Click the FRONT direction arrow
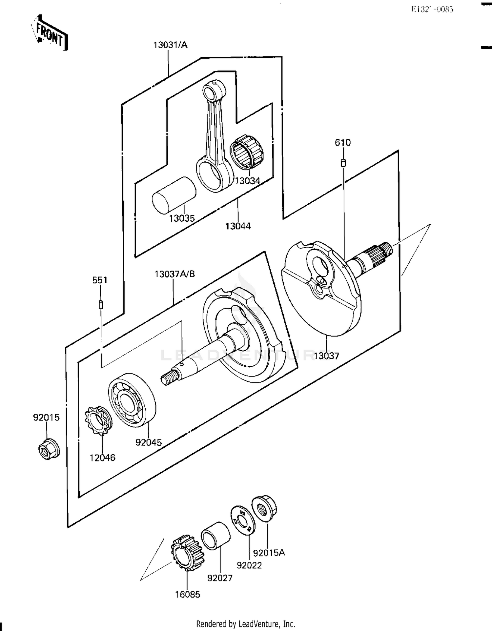tap(50, 33)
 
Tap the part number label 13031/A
tap(170, 45)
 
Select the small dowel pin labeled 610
tap(343, 163)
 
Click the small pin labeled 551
tap(101, 305)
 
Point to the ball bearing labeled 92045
tap(132, 400)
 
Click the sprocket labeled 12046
tap(98, 420)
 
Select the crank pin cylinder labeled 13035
tap(174, 195)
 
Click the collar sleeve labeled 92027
tap(215, 535)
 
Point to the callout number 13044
tap(238, 226)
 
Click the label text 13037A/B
tap(174, 274)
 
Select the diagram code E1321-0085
tap(432, 9)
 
